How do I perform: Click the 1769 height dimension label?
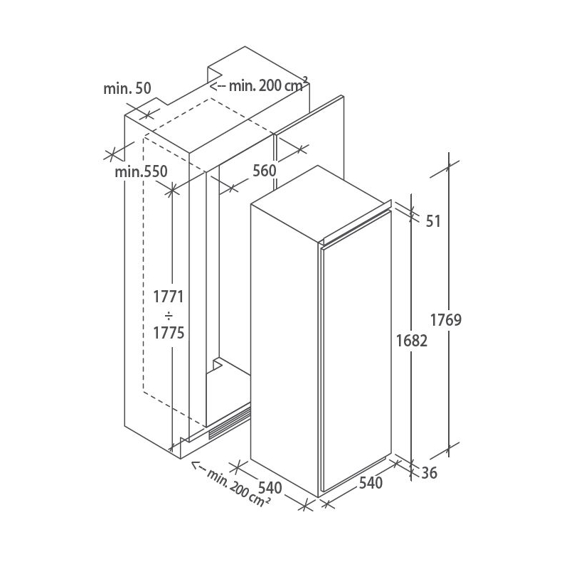click(x=446, y=320)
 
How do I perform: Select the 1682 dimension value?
click(x=412, y=341)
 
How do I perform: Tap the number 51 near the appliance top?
click(x=433, y=221)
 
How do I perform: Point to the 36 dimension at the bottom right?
click(x=430, y=473)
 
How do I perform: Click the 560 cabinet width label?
click(x=264, y=170)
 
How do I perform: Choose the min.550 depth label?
click(x=141, y=171)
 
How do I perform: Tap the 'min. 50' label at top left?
click(x=127, y=88)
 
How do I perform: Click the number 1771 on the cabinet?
click(x=169, y=297)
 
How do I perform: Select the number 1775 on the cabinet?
click(x=169, y=333)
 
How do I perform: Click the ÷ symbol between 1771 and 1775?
click(x=169, y=315)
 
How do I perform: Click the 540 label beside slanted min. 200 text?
click(x=270, y=487)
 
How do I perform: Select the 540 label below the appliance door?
click(x=371, y=483)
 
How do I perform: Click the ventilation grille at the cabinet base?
click(x=229, y=423)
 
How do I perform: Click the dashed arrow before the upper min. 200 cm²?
click(x=219, y=86)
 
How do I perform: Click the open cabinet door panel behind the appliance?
click(x=309, y=145)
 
